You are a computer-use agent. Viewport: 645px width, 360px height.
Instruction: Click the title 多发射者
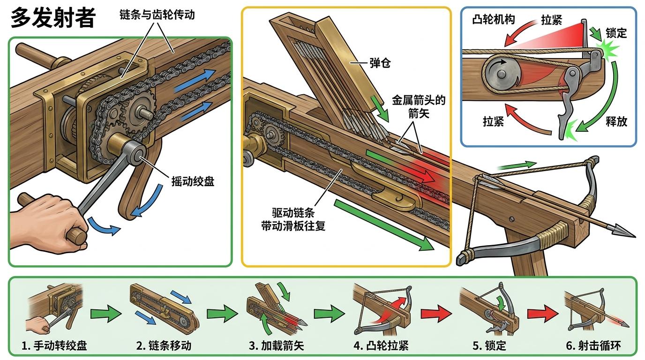coord(52,18)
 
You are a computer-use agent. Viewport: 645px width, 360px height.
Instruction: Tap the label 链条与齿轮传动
coord(157,15)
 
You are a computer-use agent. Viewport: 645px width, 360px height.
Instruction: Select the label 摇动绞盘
coord(193,181)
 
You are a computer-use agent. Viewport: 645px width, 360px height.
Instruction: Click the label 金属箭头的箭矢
coord(418,106)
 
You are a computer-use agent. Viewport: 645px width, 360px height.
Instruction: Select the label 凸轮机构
coord(494,20)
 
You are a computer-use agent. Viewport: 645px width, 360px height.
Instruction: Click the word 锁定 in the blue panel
coord(616,33)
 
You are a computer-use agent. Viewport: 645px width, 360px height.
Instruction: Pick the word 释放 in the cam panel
coord(616,121)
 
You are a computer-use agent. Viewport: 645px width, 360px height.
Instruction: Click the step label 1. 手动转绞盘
coord(54,346)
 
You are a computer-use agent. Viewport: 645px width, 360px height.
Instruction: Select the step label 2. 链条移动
coord(164,346)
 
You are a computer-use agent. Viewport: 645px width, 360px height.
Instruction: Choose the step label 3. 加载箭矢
coord(276,346)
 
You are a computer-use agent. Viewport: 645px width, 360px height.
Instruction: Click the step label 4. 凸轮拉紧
coord(381,346)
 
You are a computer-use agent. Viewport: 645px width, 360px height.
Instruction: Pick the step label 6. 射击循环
coord(593,346)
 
